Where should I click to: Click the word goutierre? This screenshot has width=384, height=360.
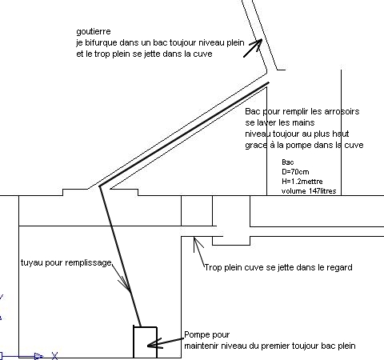pyautogui.click(x=94, y=32)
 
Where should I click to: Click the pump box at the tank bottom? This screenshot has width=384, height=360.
pyautogui.click(x=145, y=342)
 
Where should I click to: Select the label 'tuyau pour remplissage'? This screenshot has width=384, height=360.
pyautogui.click(x=66, y=263)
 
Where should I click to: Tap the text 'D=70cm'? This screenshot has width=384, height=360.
pyautogui.click(x=295, y=172)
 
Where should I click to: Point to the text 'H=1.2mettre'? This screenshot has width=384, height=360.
pyautogui.click(x=302, y=182)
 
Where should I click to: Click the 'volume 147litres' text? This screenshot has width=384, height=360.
pyautogui.click(x=309, y=191)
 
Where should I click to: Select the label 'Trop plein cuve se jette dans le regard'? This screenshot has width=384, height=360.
pyautogui.click(x=278, y=267)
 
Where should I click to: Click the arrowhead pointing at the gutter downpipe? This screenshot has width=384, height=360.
pyautogui.click(x=258, y=43)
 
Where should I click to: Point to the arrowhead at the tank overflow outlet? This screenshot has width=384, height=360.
pyautogui.click(x=197, y=242)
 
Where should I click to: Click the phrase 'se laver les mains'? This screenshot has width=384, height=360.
pyautogui.click(x=280, y=122)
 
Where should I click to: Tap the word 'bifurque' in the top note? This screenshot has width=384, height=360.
pyautogui.click(x=102, y=43)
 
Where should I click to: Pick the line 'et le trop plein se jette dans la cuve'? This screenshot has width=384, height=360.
pyautogui.click(x=144, y=54)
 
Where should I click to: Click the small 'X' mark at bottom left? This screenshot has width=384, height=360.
pyautogui.click(x=54, y=356)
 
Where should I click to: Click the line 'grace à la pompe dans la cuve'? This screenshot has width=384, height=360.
pyautogui.click(x=304, y=145)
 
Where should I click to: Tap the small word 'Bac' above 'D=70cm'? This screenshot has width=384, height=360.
pyautogui.click(x=288, y=162)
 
